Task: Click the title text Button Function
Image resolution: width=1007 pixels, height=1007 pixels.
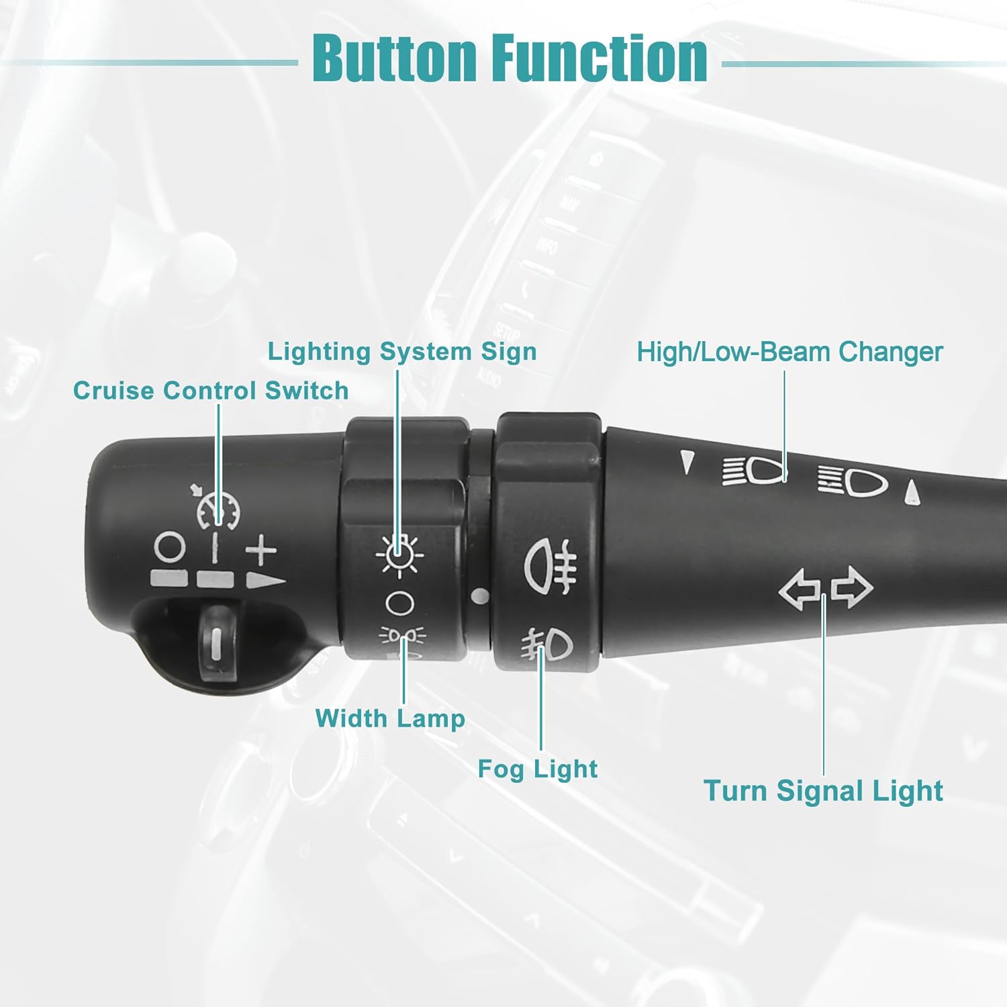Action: point(510,59)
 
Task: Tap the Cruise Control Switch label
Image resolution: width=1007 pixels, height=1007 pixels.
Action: point(211,391)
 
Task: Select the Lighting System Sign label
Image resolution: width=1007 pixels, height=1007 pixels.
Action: point(402,352)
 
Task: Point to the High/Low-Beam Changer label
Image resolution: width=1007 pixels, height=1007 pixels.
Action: point(789,352)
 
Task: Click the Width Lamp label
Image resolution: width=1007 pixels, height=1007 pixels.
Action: point(390,718)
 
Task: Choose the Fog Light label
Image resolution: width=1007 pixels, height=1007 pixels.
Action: point(537,769)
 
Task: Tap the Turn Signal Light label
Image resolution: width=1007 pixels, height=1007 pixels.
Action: point(823,791)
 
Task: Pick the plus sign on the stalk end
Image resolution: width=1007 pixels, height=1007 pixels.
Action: point(261,551)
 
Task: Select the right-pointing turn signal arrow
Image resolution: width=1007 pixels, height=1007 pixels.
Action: point(852,587)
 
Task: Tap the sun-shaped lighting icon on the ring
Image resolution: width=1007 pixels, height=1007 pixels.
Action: point(399,555)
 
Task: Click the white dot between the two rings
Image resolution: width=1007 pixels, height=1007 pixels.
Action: point(480,595)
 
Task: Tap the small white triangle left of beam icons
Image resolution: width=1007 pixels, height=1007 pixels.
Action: point(686,463)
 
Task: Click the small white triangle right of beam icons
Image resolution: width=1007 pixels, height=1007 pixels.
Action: point(912,492)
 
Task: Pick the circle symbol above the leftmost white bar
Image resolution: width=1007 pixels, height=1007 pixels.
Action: point(169,547)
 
